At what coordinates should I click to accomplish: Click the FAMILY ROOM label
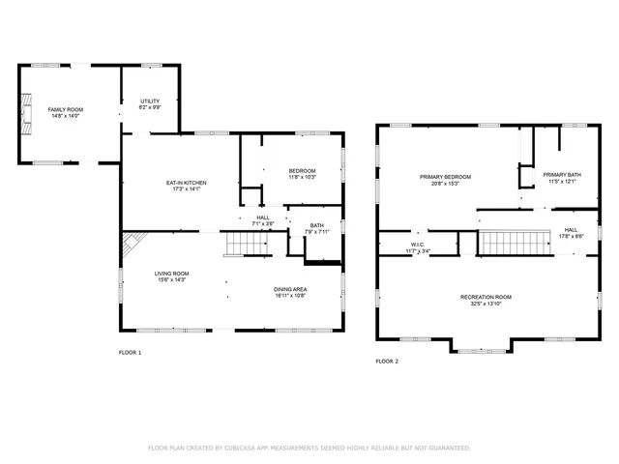click(x=66, y=109)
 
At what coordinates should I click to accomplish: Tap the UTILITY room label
click(x=150, y=101)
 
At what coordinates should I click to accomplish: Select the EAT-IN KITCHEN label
click(x=186, y=183)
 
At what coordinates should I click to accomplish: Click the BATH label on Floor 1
click(x=315, y=226)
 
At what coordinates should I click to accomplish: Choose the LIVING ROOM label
click(x=172, y=274)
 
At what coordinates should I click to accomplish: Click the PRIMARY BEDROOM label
click(x=445, y=177)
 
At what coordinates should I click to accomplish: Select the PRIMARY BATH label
click(x=561, y=175)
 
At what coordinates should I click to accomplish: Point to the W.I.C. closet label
click(x=418, y=246)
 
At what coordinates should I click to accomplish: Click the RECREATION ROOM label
click(x=486, y=297)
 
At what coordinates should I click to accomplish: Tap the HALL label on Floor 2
click(x=571, y=230)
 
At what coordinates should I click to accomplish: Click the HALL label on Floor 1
click(x=263, y=217)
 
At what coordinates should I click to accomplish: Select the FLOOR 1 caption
click(x=130, y=353)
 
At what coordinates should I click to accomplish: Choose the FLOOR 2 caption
click(x=387, y=361)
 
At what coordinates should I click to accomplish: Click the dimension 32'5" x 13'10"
click(x=486, y=304)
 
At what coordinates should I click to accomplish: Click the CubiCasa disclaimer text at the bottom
click(x=309, y=448)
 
